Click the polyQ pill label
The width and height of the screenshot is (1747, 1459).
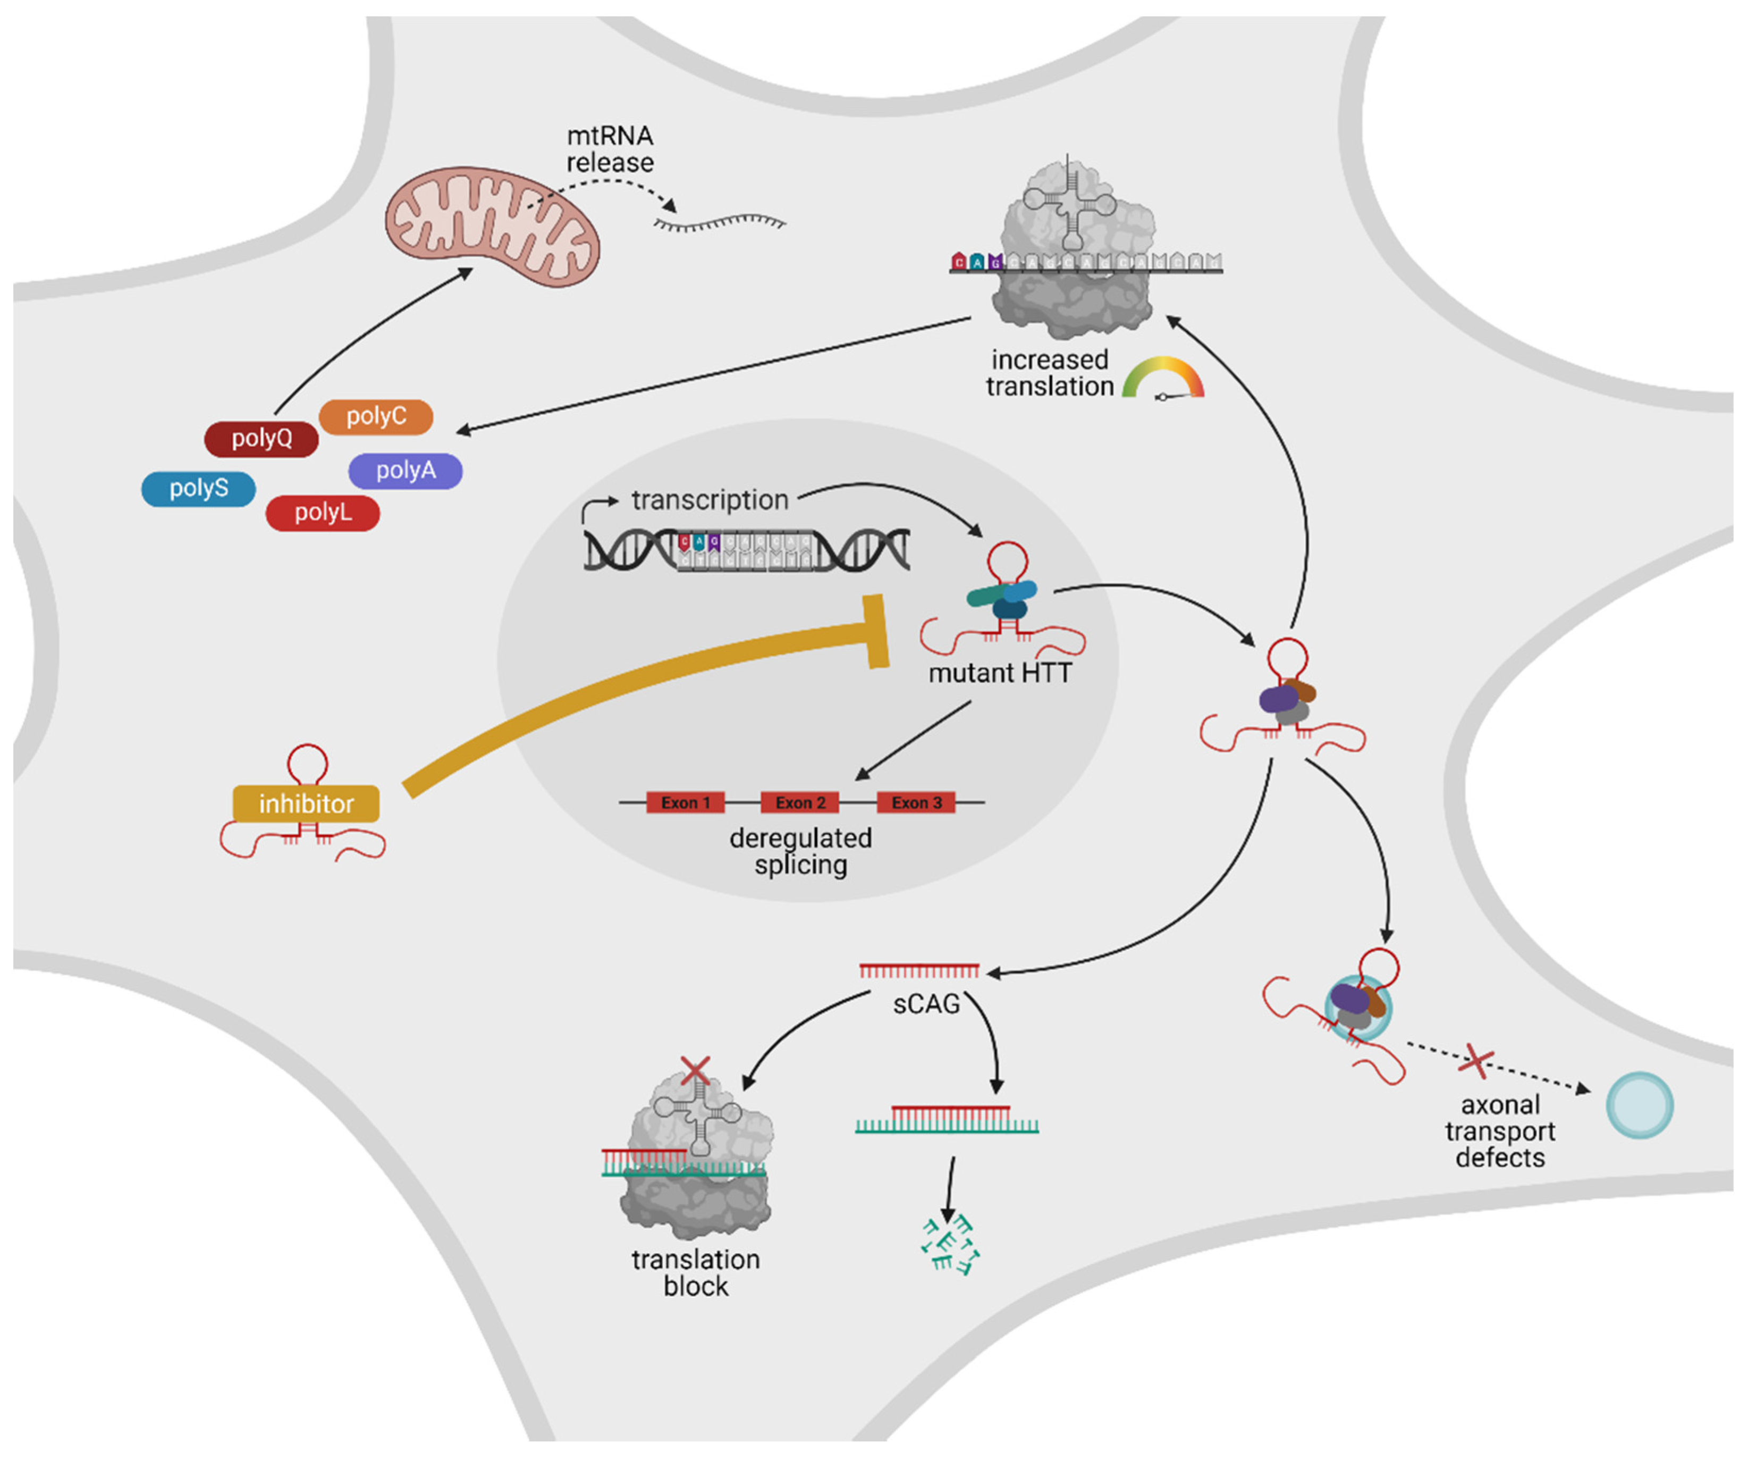tap(261, 439)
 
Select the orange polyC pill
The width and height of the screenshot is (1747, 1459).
tap(376, 416)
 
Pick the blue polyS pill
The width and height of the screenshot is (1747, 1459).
tap(199, 489)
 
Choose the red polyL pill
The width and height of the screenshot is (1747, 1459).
tap(323, 513)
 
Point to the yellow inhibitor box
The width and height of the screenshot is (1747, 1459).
tap(306, 804)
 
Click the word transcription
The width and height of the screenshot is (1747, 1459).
tap(710, 500)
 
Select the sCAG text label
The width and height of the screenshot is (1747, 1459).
tap(926, 1004)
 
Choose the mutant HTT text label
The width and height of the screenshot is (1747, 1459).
tap(1000, 673)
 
